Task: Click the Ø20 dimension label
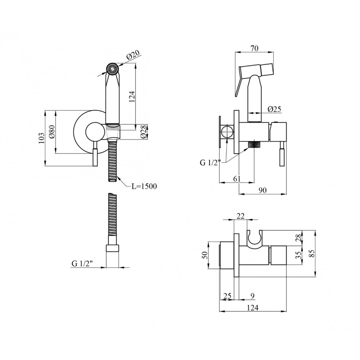point(133,55)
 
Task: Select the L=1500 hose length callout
point(144,186)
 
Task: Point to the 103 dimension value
point(41,138)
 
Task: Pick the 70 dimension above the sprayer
point(255,48)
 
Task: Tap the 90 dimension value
point(263,190)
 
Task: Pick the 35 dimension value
point(298,255)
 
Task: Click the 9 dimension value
point(252,296)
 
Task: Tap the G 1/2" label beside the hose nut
point(82,264)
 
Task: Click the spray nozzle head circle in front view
point(112,68)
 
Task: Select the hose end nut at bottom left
point(112,249)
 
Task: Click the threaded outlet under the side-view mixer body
point(255,145)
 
